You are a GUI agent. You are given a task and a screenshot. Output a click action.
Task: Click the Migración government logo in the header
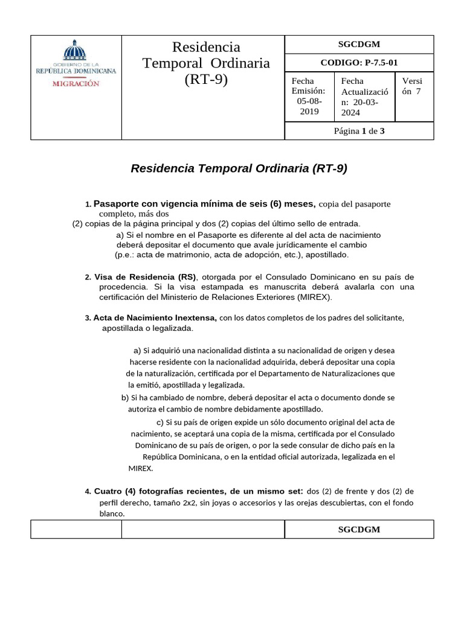76,64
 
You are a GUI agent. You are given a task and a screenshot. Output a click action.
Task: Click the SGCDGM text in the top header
359,44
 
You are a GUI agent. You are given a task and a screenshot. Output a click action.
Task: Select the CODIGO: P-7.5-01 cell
359,63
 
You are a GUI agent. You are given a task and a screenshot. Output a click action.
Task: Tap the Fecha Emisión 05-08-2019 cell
308,97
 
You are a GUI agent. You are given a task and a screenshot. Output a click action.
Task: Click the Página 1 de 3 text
359,131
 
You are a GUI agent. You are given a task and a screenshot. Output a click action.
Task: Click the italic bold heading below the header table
239,168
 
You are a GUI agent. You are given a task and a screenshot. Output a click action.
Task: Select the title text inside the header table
206,63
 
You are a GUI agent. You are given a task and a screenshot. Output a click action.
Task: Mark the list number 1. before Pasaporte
88,205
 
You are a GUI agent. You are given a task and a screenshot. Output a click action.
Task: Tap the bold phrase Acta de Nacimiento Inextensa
155,317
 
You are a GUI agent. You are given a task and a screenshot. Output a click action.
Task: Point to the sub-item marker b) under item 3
125,398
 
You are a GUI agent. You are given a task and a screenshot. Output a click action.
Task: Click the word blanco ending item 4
112,514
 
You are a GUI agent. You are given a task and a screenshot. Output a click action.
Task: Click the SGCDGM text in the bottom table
359,529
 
